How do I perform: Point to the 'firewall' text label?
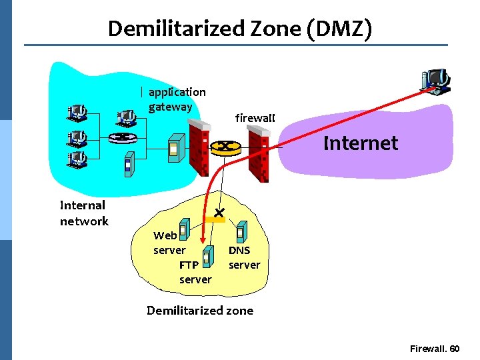(255, 118)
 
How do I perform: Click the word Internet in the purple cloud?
(360, 143)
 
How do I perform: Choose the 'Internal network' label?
(83, 213)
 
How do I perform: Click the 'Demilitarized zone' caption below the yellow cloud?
(200, 310)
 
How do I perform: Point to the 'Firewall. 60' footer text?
(434, 349)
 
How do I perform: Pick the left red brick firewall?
(199, 150)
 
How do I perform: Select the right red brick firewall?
(258, 155)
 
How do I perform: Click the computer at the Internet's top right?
(436, 80)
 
